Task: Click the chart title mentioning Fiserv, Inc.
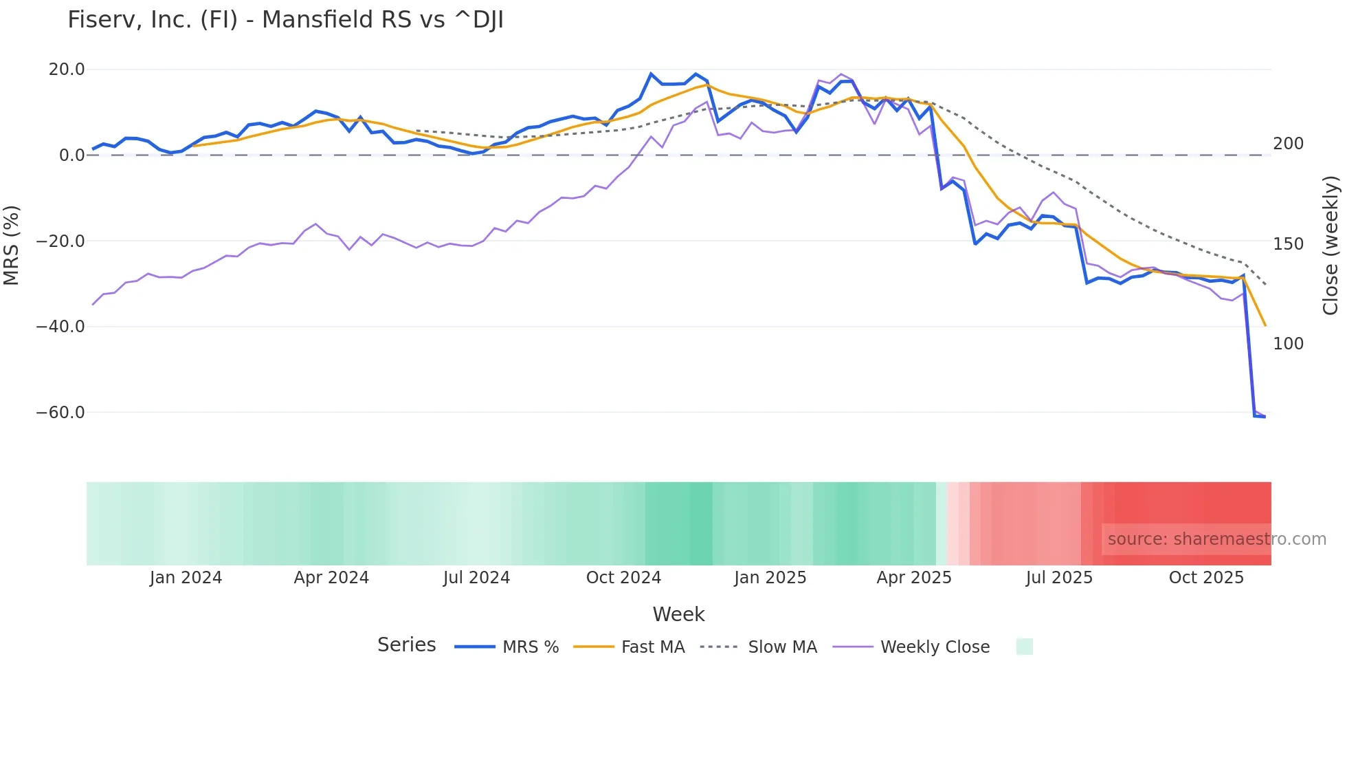coord(285,20)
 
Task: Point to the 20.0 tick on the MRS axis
coord(67,69)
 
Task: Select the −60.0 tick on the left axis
coord(60,413)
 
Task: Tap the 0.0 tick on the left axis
coord(72,155)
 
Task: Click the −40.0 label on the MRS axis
coord(60,327)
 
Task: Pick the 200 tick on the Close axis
coord(1288,144)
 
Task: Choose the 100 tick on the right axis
coord(1288,344)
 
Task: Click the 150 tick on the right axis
coord(1288,244)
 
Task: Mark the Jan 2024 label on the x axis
coord(186,578)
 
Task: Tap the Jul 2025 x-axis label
coord(1059,578)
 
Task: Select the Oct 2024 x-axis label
coord(623,578)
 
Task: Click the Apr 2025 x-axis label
coord(914,578)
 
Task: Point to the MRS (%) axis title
coord(12,245)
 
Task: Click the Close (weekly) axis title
coord(1331,245)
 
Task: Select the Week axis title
coord(678,614)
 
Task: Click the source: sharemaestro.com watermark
coord(1216,539)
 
